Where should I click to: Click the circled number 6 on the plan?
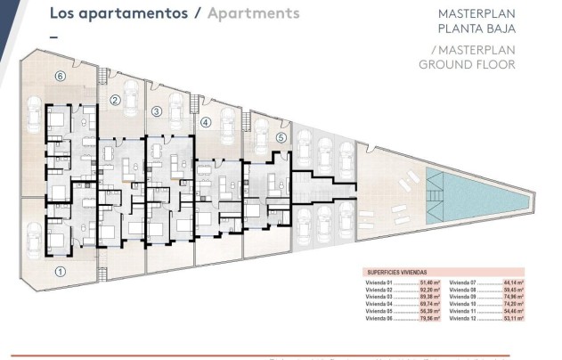click(61, 77)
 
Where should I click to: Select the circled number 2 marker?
click(115, 101)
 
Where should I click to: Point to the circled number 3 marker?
click(156, 111)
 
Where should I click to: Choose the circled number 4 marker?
click(206, 123)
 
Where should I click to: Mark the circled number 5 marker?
click(281, 137)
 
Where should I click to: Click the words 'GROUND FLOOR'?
click(467, 64)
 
